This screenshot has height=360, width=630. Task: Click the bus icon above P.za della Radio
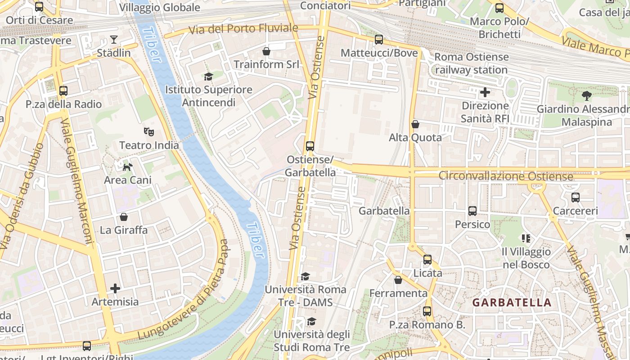point(63,91)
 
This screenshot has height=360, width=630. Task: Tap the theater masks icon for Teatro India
point(149,132)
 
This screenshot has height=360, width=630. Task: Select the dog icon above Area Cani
point(128,167)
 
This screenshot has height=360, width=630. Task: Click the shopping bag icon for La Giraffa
point(124,217)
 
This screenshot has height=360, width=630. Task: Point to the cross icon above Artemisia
point(115,288)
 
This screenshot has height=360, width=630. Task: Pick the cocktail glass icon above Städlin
point(114,40)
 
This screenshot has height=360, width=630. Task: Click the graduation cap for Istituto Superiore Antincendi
point(208,76)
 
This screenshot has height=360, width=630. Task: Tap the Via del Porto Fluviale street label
point(243,29)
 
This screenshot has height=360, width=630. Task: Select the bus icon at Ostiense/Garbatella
point(310,146)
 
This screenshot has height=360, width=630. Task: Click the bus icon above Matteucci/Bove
point(379,40)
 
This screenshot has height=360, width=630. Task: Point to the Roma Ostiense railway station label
point(471,63)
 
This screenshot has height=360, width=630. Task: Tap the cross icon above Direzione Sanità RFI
point(485,93)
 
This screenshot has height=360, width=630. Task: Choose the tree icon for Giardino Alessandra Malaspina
point(586,95)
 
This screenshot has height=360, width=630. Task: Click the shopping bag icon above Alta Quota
point(415,124)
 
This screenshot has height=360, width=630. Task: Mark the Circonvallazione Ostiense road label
point(505,176)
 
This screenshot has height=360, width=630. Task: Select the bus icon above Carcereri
point(575,198)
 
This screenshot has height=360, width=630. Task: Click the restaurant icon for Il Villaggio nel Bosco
point(526,238)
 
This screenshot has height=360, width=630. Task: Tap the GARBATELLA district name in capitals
point(512,302)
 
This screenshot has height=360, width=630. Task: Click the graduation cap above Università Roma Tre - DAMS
point(306,276)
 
